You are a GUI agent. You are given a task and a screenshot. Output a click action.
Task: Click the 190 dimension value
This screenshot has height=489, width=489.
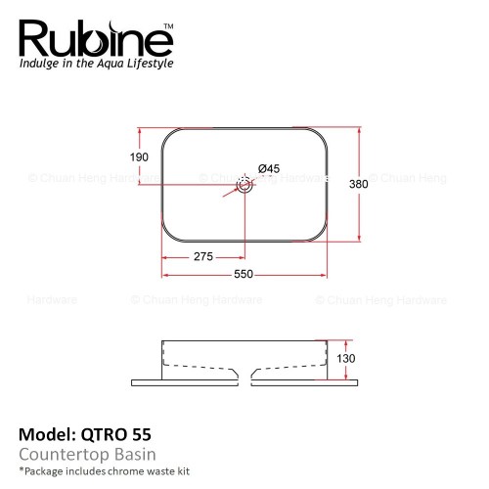pyautogui.click(x=139, y=157)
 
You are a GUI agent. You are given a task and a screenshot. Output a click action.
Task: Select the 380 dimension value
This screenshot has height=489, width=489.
pyautogui.click(x=359, y=184)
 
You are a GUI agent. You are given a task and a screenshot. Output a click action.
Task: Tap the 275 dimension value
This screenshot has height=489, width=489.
pyautogui.click(x=203, y=256)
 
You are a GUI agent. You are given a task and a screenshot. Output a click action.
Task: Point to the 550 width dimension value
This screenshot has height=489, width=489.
pyautogui.click(x=244, y=274)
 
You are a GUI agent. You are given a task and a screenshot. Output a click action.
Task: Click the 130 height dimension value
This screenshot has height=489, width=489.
pyautogui.click(x=346, y=358)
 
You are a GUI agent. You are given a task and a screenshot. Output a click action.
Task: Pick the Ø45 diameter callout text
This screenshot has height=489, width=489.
pyautogui.click(x=269, y=168)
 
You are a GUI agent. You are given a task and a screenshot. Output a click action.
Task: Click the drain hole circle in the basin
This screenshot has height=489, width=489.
pyautogui.click(x=244, y=185)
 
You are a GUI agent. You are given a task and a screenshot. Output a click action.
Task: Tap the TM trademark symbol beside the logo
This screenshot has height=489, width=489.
pyautogui.click(x=168, y=26)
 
